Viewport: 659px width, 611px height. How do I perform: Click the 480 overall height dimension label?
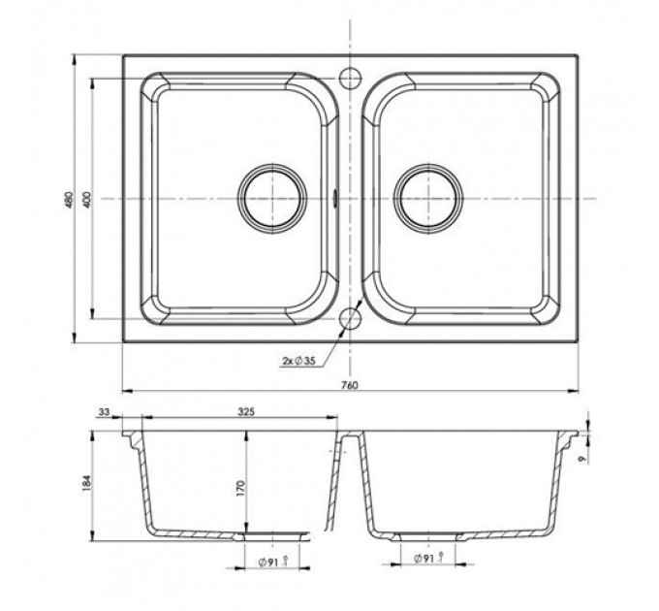70,200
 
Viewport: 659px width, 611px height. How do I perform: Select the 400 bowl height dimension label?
87,200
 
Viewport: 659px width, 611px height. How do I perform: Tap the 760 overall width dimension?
350,385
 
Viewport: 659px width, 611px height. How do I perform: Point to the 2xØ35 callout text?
298,361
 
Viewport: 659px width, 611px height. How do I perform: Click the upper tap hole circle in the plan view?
350,79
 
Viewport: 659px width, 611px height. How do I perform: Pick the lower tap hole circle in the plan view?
350,319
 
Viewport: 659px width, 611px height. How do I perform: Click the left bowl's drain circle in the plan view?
272,199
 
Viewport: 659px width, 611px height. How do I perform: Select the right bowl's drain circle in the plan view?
428,199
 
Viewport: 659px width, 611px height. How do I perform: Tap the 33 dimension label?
104,411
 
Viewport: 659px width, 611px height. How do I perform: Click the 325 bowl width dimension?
246,411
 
